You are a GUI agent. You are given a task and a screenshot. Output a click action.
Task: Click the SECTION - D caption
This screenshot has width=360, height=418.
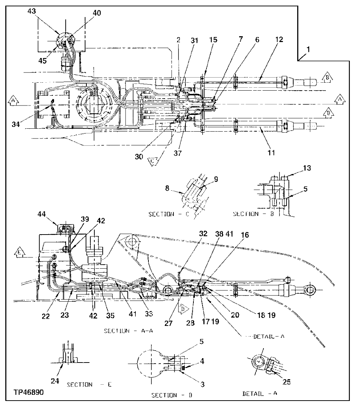(171, 395)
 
